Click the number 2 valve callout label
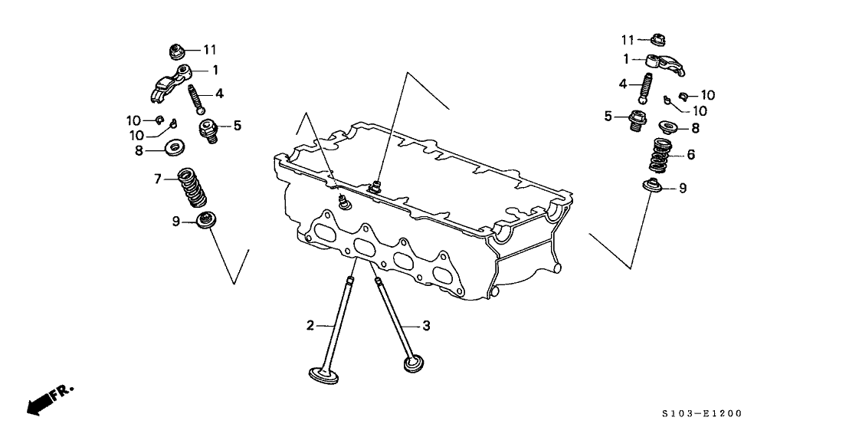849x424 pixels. click(x=311, y=326)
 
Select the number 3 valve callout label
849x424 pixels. click(x=426, y=326)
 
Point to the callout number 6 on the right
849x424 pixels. click(x=690, y=154)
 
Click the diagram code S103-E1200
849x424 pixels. click(x=704, y=413)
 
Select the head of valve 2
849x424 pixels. click(x=325, y=376)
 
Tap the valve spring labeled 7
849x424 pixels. click(x=192, y=188)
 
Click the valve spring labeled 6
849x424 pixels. click(x=662, y=155)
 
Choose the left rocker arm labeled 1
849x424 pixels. click(x=169, y=82)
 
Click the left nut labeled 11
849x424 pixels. click(x=178, y=52)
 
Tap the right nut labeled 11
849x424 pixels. click(x=655, y=40)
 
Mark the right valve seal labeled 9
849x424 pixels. click(x=655, y=186)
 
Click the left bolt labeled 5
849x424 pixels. click(x=208, y=129)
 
